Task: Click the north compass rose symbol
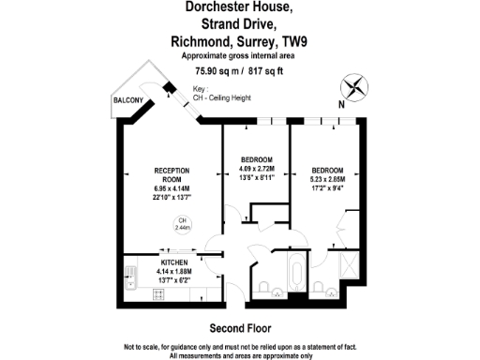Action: [354, 87]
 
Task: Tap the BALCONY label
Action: [127, 98]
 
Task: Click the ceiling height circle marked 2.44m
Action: [180, 224]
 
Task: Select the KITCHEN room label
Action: [172, 262]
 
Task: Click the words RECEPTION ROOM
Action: [172, 174]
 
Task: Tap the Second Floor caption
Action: [240, 328]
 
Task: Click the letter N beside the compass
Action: [340, 105]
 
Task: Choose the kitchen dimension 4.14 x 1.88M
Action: [172, 272]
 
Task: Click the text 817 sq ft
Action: [265, 70]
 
